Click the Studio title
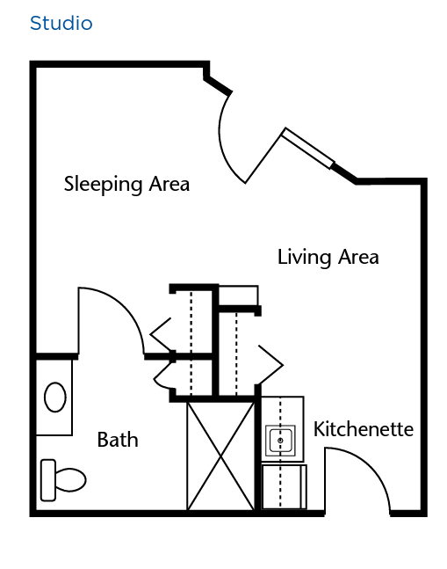tap(61, 23)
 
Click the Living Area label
tap(328, 258)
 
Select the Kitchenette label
tap(364, 430)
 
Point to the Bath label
tap(118, 440)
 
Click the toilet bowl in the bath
tap(70, 479)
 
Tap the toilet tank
tap(48, 480)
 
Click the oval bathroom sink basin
tap(55, 397)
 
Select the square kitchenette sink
tap(280, 441)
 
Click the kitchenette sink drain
tap(280, 441)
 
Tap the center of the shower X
tap(220, 456)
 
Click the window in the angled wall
tap(308, 148)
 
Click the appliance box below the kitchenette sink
tap(284, 487)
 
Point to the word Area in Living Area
tap(358, 258)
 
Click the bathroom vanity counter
tap(54, 398)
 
